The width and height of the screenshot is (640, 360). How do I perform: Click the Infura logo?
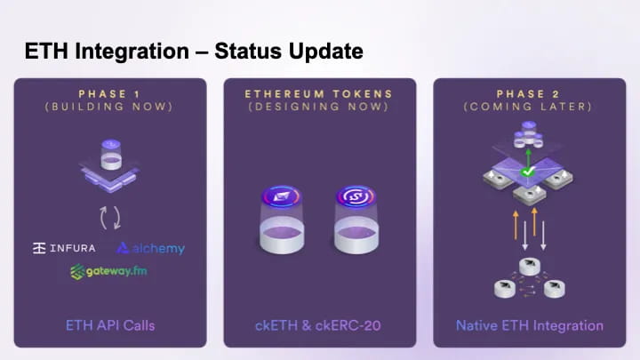tap(64, 248)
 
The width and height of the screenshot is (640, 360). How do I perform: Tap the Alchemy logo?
tap(150, 249)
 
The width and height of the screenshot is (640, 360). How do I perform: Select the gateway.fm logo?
tap(108, 271)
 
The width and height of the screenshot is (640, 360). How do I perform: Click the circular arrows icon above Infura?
tap(110, 218)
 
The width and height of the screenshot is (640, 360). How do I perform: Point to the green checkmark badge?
tap(528, 172)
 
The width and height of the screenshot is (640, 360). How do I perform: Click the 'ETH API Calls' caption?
tap(110, 325)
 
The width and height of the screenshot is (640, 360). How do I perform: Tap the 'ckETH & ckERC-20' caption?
tap(318, 325)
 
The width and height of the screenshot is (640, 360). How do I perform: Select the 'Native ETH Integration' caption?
tap(530, 325)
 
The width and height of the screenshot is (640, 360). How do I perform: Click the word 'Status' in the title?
tap(248, 51)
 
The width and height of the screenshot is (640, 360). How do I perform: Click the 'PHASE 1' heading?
tap(109, 94)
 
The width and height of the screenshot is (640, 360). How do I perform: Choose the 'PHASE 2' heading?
tap(528, 94)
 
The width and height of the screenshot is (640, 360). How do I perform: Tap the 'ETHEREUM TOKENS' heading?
tap(318, 94)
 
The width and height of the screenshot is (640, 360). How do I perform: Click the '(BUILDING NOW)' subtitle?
tap(109, 107)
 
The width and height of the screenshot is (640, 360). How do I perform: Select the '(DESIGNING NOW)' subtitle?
tap(318, 107)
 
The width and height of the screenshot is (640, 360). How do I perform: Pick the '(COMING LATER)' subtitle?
tap(528, 107)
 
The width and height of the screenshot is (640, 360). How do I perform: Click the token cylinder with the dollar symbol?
tap(356, 220)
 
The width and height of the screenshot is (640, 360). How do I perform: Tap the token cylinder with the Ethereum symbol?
tap(282, 220)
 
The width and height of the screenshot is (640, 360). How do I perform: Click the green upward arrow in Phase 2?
tap(528, 157)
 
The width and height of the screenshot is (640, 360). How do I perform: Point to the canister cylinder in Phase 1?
tap(111, 155)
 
